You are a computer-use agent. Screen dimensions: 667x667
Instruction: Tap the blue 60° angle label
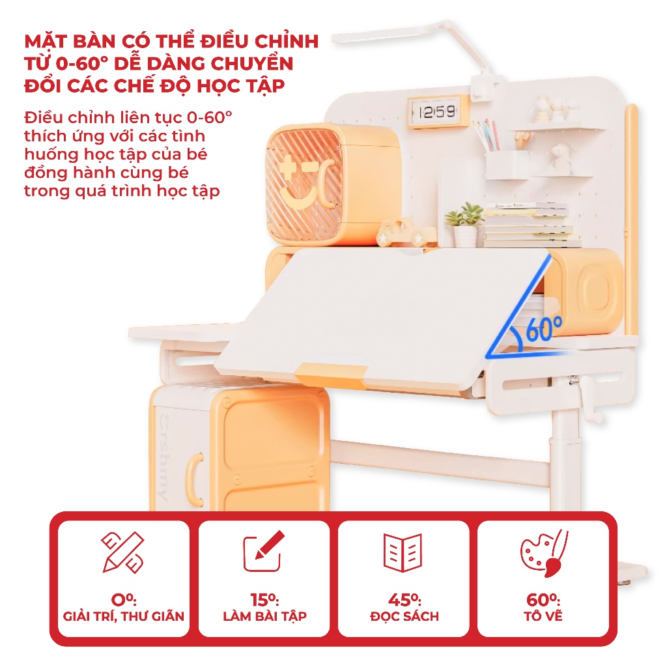(544, 328)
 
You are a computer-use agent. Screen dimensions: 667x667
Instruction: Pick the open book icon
(403, 552)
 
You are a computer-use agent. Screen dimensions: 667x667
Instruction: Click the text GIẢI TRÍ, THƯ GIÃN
(123, 616)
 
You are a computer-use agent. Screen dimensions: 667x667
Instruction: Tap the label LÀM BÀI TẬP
(264, 616)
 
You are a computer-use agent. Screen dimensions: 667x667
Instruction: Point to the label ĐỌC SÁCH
(404, 616)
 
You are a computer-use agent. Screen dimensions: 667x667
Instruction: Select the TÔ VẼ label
(543, 616)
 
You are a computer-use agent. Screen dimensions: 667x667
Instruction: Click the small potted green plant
(465, 225)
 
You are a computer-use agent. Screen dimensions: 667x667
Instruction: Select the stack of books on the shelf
(532, 225)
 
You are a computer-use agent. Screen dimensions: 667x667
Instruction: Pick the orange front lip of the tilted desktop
(330, 375)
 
